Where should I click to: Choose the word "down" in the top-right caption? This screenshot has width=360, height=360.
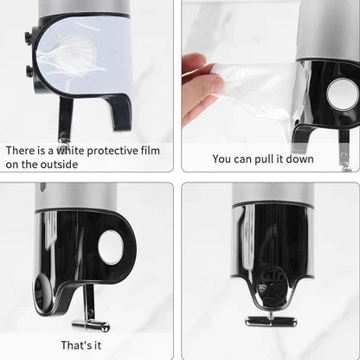pos(314,158)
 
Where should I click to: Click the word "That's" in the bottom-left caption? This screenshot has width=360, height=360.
pos(74,344)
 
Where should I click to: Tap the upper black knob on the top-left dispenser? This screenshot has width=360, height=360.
pos(30,38)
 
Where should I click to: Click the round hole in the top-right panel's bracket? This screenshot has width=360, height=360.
pos(342,93)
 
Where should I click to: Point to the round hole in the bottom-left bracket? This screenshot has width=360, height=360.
pos(111,247)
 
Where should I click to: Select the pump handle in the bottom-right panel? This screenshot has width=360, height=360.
pos(270,319)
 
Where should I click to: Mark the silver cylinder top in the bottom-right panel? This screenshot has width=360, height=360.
pos(273,194)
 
